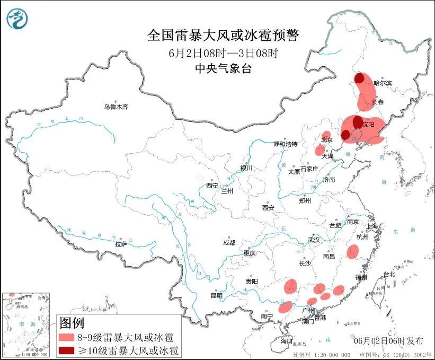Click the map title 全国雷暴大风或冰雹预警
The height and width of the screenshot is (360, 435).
point(223,36)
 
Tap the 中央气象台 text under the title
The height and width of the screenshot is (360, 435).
point(223,67)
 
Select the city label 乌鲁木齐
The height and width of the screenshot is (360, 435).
point(116,107)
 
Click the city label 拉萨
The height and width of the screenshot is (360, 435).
point(121,244)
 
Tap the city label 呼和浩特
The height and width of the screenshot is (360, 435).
point(285,144)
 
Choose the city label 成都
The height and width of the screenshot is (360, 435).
point(229,242)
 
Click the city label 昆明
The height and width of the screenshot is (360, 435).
point(217,295)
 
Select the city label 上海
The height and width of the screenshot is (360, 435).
point(373,226)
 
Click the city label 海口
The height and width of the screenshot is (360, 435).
point(287,340)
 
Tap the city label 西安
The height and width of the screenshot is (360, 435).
point(268,208)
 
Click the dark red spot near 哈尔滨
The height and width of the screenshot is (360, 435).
point(360,79)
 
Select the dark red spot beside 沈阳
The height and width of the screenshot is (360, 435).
point(358,120)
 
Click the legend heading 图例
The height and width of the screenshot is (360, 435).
point(72,322)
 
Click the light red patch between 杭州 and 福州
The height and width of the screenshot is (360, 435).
point(353,252)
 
